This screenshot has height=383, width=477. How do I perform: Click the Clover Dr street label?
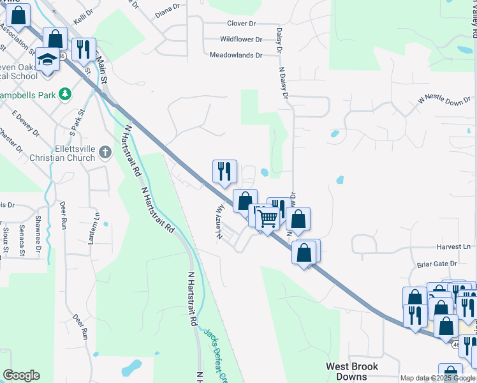[x=241, y=24]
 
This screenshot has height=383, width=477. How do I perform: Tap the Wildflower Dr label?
[x=240, y=40]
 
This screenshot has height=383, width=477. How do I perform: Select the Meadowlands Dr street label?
[x=236, y=56]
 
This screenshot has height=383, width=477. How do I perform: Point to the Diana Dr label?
[x=168, y=11]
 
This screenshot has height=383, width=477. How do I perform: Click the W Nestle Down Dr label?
[x=445, y=101]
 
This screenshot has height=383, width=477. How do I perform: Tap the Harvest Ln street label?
[x=453, y=246]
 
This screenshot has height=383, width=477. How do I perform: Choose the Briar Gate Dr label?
[x=437, y=263]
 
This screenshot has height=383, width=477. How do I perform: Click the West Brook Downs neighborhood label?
[x=352, y=372]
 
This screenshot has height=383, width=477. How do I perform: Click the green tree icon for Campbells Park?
[x=64, y=94]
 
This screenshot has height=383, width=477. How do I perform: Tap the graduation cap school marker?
[x=47, y=58]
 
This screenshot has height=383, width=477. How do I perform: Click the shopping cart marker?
[x=268, y=218]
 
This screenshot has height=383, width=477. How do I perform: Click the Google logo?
[x=21, y=375]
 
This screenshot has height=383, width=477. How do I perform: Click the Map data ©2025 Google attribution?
[x=437, y=378]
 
